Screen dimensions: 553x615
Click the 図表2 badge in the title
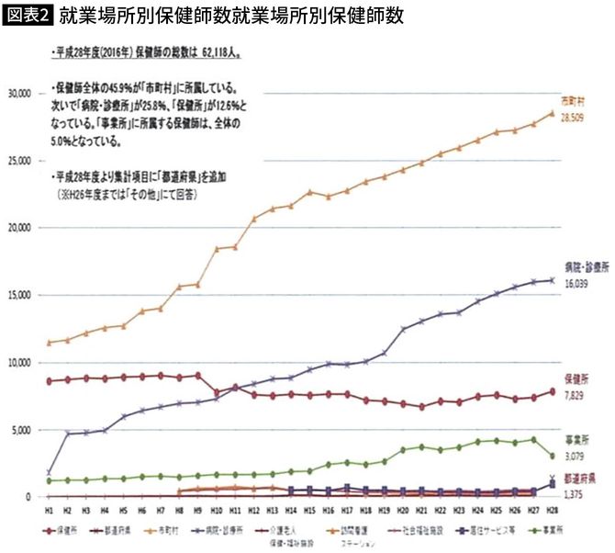tap(28, 17)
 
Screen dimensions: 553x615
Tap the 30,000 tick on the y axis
tap(20, 93)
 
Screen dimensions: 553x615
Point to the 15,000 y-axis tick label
tap(20, 295)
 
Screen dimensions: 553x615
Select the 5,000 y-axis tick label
tap(22, 430)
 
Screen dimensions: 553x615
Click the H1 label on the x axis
tap(47, 509)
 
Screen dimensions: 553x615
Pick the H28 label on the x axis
tap(552, 509)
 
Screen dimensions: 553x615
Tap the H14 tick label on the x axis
tap(290, 509)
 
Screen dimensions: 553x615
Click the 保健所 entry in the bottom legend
tap(65, 529)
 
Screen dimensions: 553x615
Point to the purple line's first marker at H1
tap(47, 473)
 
